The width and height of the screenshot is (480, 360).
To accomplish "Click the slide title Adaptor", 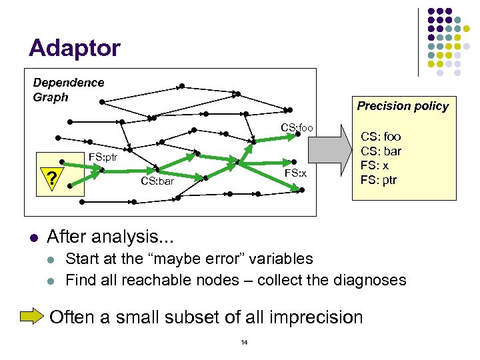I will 75,48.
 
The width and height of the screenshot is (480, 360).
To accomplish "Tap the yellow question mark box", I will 51,178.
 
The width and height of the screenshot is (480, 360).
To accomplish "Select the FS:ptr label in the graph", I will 103,159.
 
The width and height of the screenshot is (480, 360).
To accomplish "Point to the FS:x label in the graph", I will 295,173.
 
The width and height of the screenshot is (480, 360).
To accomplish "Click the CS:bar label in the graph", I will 157,181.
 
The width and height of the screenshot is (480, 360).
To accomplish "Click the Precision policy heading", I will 403,106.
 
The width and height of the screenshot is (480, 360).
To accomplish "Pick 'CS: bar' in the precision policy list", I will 381,151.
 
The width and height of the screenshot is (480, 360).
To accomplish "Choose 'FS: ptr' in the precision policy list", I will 379,179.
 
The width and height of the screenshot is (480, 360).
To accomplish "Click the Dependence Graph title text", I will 68,89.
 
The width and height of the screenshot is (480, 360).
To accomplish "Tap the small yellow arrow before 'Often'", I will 32,316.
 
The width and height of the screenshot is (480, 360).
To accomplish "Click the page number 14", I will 244,343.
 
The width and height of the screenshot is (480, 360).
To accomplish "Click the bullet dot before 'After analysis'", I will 33,237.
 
